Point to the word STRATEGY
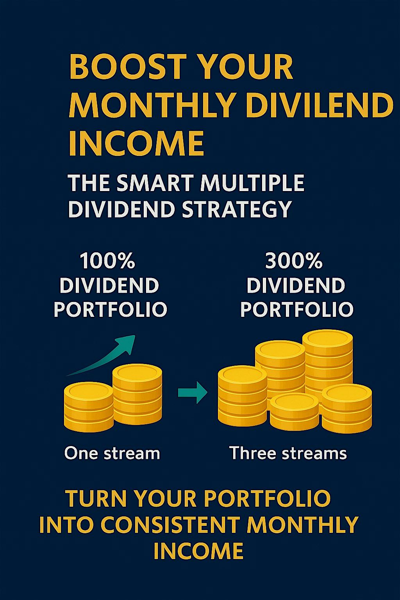click(237, 209)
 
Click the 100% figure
click(107, 261)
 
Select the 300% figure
click(294, 261)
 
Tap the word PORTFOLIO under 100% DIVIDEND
click(110, 309)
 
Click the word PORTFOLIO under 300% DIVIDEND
click(296, 309)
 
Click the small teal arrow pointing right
click(193, 392)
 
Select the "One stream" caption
click(112, 453)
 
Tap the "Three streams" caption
click(288, 453)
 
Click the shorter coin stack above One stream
click(89, 406)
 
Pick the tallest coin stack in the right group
click(328, 359)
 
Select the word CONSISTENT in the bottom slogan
click(170, 525)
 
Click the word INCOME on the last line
click(198, 551)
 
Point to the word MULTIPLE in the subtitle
click(252, 183)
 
